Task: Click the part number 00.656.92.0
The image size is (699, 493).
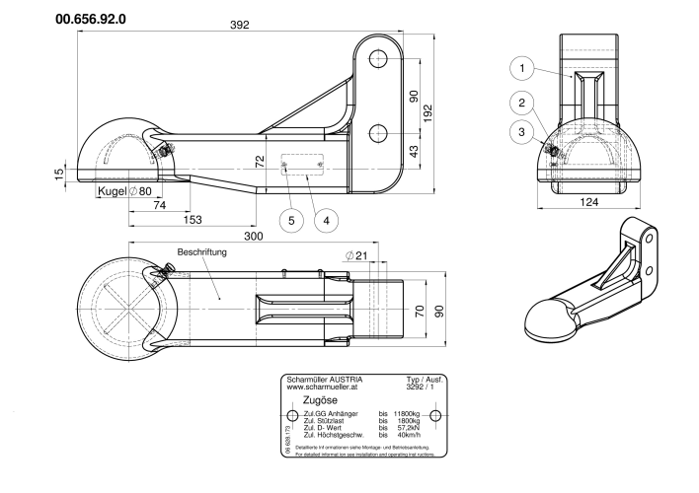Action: click(x=98, y=19)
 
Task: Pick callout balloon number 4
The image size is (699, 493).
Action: click(x=325, y=220)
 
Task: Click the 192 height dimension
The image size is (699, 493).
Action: click(x=427, y=113)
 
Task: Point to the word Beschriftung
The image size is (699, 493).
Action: click(x=203, y=253)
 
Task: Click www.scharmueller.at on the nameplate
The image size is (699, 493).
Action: click(x=322, y=387)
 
